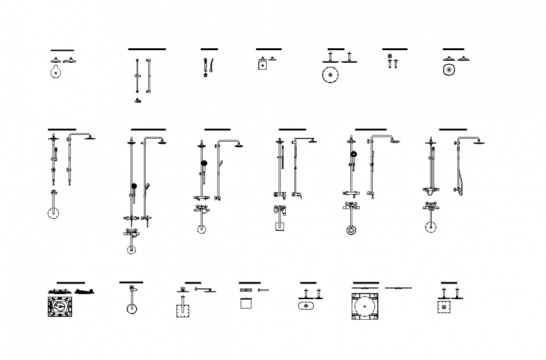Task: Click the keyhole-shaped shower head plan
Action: click(56, 72)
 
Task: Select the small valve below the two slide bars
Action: click(138, 100)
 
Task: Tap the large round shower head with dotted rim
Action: click(329, 76)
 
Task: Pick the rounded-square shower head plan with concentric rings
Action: click(448, 70)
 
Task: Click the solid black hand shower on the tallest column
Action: click(133, 186)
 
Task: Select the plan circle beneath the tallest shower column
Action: click(131, 250)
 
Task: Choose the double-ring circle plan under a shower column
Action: click(351, 230)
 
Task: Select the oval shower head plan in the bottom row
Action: click(306, 306)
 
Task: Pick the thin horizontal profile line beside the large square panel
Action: click(398, 288)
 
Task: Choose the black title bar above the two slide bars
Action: click(147, 49)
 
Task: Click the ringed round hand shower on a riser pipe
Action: click(353, 154)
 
